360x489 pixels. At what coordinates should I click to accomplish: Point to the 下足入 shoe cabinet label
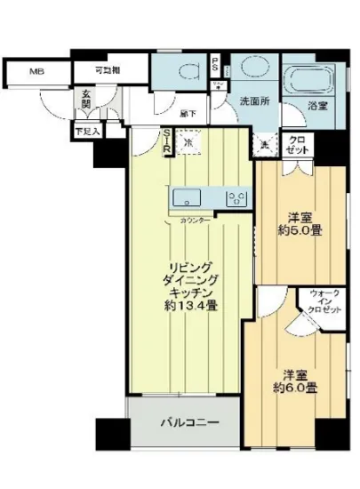(x=87, y=132)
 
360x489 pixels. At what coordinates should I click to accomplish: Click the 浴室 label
(x=318, y=105)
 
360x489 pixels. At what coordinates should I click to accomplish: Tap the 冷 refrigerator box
(x=188, y=141)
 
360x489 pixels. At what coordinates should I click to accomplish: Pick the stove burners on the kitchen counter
(x=236, y=197)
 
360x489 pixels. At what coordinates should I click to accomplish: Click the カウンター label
(x=195, y=219)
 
